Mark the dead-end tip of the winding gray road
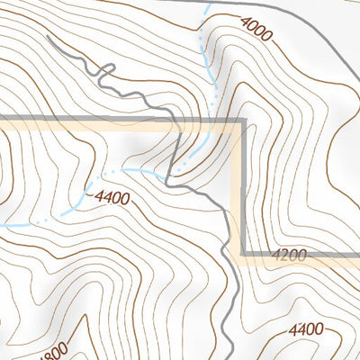tap(46, 39)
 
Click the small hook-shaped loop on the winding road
tap(107, 70)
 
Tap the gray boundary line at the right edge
tap(356, 256)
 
